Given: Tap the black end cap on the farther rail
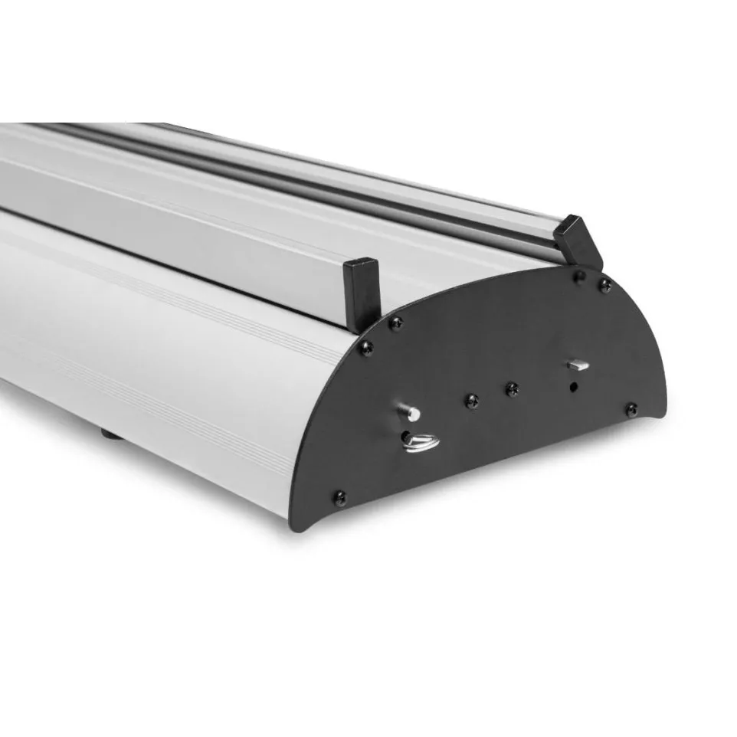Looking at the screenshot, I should click(x=579, y=240).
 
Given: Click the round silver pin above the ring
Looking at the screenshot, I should click(x=412, y=413).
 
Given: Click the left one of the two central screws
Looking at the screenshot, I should click(x=473, y=399).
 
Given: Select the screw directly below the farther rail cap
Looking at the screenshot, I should click(x=580, y=274).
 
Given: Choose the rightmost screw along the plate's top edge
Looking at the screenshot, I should click(x=604, y=285).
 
